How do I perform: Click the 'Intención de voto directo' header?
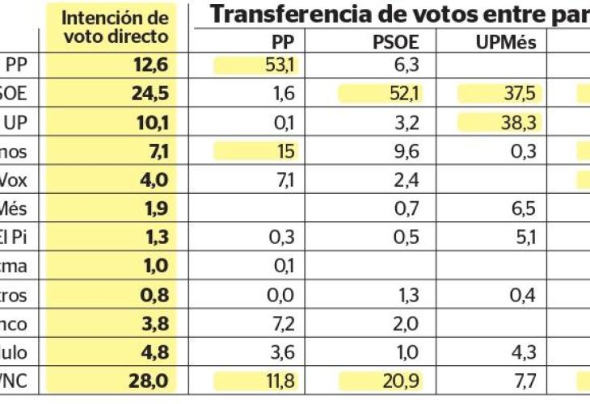pos(116,27)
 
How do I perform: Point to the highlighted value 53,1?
pos(280,65)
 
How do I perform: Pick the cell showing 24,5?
pos(150,94)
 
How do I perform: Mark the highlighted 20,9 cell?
pos(402,381)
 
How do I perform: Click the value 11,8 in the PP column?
pos(279,381)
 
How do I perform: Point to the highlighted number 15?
pos(284,150)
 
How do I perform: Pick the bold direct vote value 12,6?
pos(150,65)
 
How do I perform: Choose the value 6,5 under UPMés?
pos(524,208)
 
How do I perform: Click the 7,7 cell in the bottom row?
pos(524,381)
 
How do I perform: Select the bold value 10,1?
pos(150,122)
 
